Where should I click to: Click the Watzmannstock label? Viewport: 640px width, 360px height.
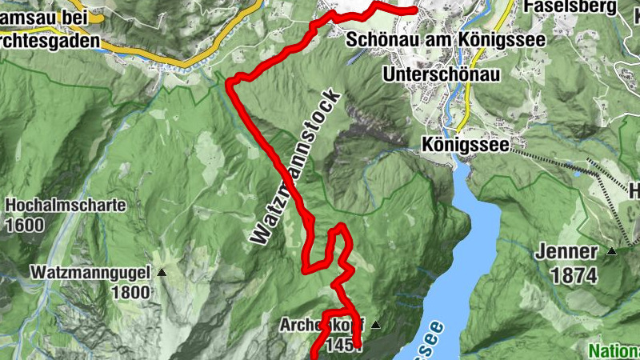pyautogui.click(x=296, y=168)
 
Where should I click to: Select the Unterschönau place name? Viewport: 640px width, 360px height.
pyautogui.click(x=442, y=74)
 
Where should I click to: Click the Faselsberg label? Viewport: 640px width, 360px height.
pyautogui.click(x=570, y=7)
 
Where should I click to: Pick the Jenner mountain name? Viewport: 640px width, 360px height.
pyautogui.click(x=566, y=252)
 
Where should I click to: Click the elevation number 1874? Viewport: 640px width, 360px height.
pyautogui.click(x=574, y=276)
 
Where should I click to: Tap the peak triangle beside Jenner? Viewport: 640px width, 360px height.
pyautogui.click(x=612, y=251)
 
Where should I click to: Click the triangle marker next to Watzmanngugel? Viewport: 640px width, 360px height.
pyautogui.click(x=162, y=273)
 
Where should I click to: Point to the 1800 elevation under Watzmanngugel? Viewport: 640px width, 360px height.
pyautogui.click(x=130, y=292)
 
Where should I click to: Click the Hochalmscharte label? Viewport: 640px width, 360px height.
pyautogui.click(x=66, y=206)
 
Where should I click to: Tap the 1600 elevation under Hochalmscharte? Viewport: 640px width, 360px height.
pyautogui.click(x=24, y=225)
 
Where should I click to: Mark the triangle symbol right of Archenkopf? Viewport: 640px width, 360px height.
pyautogui.click(x=373, y=325)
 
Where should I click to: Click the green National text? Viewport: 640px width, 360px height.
pyautogui.click(x=614, y=350)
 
